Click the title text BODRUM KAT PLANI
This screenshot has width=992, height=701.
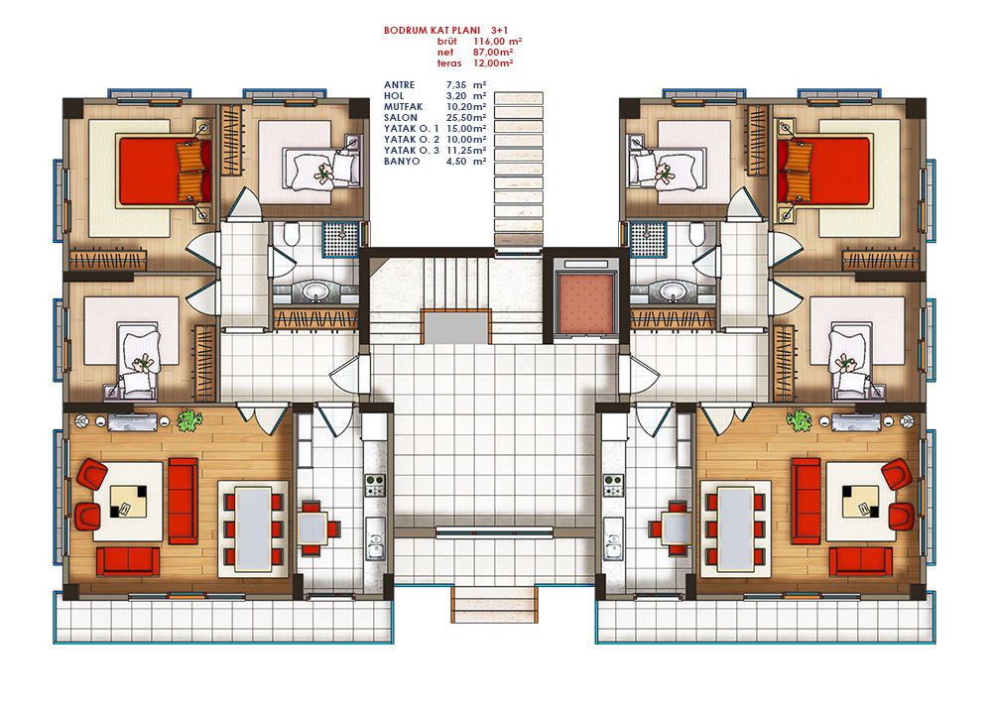(433, 31)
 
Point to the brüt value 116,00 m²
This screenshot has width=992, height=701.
(497, 41)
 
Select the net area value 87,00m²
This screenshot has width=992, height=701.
(493, 53)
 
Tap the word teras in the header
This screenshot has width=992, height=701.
(449, 63)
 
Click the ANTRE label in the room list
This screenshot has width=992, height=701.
(399, 84)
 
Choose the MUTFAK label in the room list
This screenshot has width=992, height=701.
(403, 107)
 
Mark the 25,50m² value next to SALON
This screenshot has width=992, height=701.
(466, 118)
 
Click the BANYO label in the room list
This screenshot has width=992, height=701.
(402, 162)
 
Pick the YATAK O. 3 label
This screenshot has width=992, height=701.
(412, 151)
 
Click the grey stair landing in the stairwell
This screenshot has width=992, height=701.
(455, 327)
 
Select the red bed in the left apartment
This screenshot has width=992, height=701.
(165, 171)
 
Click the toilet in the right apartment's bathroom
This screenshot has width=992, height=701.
(697, 234)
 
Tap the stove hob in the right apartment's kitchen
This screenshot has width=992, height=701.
(612, 486)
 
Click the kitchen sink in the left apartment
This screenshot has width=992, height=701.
(375, 539)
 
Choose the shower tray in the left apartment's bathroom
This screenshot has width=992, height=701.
(340, 239)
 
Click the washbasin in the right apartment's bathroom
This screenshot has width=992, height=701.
(673, 292)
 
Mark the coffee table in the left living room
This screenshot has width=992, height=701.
(128, 502)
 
